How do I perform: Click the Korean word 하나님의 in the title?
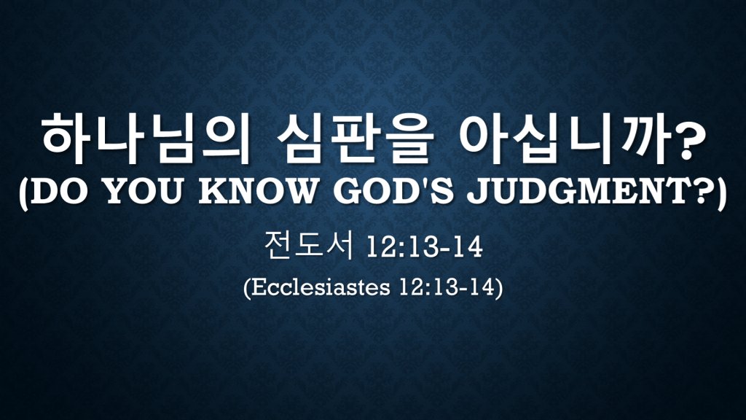tap(144, 139)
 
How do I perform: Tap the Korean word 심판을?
tap(355, 139)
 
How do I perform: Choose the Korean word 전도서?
tap(309, 246)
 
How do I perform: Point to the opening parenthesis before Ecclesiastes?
tap(247, 288)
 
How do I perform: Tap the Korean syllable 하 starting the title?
tap(66, 139)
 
